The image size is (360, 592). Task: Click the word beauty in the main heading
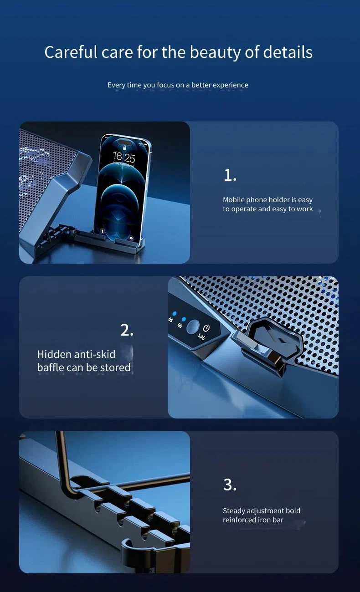tap(215, 52)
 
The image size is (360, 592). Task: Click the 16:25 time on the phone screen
tap(124, 157)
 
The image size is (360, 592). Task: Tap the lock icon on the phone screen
tap(124, 148)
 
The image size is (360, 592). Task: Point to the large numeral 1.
tap(230, 175)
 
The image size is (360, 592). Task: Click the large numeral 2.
tap(127, 330)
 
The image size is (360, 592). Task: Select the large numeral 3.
tap(230, 485)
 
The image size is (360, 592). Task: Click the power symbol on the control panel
tap(206, 328)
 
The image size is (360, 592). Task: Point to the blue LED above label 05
tap(175, 314)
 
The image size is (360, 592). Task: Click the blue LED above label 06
tap(184, 319)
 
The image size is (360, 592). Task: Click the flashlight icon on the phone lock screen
tap(102, 231)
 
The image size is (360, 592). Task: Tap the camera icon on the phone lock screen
tap(131, 238)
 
